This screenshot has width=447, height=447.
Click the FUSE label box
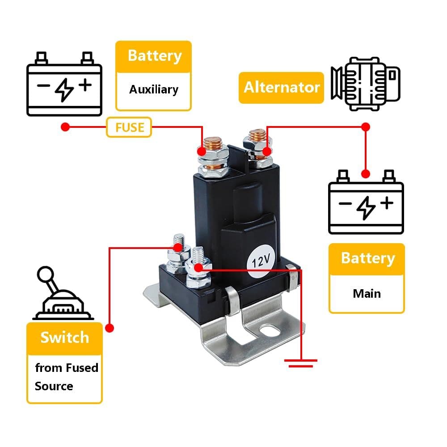tap(129, 127)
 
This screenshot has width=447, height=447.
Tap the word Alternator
tap(281, 87)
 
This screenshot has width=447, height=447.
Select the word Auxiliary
tap(153, 89)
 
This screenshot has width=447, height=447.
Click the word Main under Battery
tap(367, 294)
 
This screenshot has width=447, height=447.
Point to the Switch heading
tap(64, 337)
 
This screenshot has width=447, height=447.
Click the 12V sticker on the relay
tap(260, 261)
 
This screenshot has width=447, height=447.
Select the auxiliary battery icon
tap(64, 84)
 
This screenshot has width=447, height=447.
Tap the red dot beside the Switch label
tap(110, 328)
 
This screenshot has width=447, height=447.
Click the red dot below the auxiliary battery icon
tap(65, 127)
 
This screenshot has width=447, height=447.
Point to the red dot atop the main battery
tap(366, 173)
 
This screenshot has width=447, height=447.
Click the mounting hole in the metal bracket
tap(270, 332)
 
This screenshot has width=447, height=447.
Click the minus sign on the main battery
tap(345, 204)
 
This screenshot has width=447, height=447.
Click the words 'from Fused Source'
tap(66, 377)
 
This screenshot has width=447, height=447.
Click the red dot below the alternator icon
tap(366, 127)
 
